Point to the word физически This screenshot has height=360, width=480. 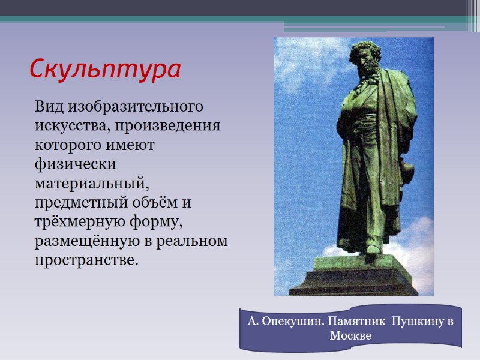(x=67, y=164)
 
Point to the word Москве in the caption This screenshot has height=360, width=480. (x=351, y=336)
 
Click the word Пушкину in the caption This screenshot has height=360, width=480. (x=415, y=322)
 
